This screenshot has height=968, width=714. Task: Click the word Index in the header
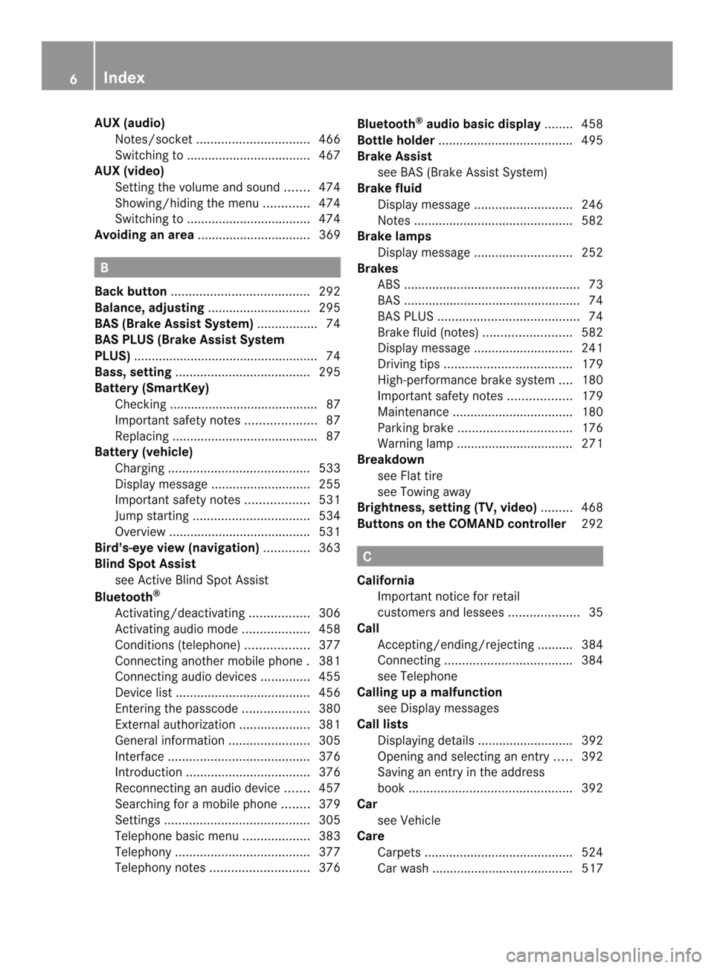124,77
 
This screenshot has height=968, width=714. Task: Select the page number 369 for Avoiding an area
329,235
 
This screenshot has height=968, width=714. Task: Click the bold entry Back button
131,291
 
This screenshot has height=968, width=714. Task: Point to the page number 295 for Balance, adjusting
329,308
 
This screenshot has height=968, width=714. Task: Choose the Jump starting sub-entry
152,516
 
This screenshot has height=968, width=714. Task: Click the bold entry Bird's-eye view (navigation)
177,548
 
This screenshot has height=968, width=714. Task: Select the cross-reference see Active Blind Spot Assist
192,580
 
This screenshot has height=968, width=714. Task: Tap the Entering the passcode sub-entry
176,709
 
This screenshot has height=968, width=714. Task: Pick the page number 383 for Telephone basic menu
329,836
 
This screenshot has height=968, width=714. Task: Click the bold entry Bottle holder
396,141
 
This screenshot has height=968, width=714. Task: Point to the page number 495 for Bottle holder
592,141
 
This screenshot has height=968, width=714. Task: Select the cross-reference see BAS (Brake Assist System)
462,172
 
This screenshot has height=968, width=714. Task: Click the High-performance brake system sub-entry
466,380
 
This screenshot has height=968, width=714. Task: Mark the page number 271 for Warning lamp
592,444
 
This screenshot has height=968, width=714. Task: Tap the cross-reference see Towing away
424,492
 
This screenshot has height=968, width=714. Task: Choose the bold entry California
385,581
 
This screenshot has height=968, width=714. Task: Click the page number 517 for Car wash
592,868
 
